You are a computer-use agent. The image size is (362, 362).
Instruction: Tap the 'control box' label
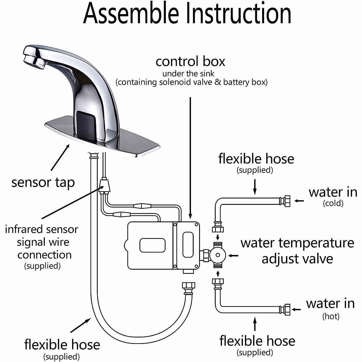[190, 62]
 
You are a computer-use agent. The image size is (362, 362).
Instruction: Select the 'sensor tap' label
[43, 183]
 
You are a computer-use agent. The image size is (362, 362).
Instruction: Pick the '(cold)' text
[333, 203]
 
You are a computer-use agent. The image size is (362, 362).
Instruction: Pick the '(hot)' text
[331, 316]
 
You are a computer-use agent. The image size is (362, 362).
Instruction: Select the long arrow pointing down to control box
[190, 157]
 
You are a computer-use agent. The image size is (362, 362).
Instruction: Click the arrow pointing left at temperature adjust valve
[233, 256]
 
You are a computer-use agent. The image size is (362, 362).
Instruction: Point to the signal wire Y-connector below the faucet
[104, 184]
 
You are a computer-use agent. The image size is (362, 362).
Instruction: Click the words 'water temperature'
[297, 243]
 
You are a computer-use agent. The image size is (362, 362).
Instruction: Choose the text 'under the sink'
[189, 74]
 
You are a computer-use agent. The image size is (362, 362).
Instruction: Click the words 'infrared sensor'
[42, 229]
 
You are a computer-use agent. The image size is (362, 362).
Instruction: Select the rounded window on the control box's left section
[152, 245]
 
